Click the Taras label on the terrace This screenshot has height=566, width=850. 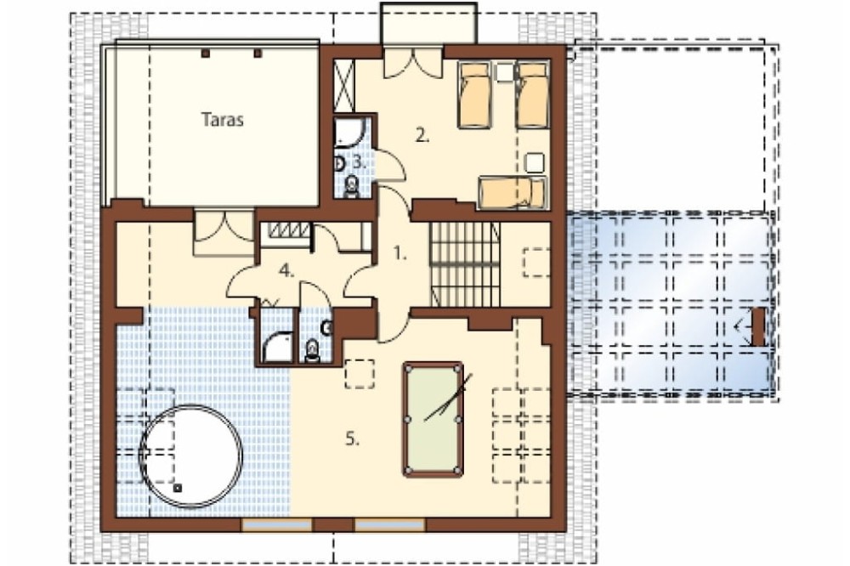pos(222,119)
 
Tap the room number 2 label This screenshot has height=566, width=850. pos(422,135)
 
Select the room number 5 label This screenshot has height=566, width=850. pos(353,439)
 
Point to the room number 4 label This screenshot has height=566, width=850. pos(286,270)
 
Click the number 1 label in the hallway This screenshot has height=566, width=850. pos(399,252)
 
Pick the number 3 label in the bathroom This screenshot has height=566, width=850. pos(360,161)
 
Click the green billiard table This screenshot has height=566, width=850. pos(433,420)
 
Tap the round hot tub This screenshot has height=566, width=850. pos(190,455)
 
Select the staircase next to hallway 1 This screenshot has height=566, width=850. pos(465,263)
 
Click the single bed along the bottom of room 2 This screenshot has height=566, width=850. pos(512,193)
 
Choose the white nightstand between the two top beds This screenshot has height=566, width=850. pos(505,72)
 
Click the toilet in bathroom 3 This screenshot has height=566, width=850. pos(352,186)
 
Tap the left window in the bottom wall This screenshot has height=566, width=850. pos(276,524)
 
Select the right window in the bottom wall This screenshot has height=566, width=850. pos(390,524)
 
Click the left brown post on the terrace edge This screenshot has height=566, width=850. pos(206,54)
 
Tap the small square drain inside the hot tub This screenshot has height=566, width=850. pos(178,488)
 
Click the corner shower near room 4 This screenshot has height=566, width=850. pos(277,347)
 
